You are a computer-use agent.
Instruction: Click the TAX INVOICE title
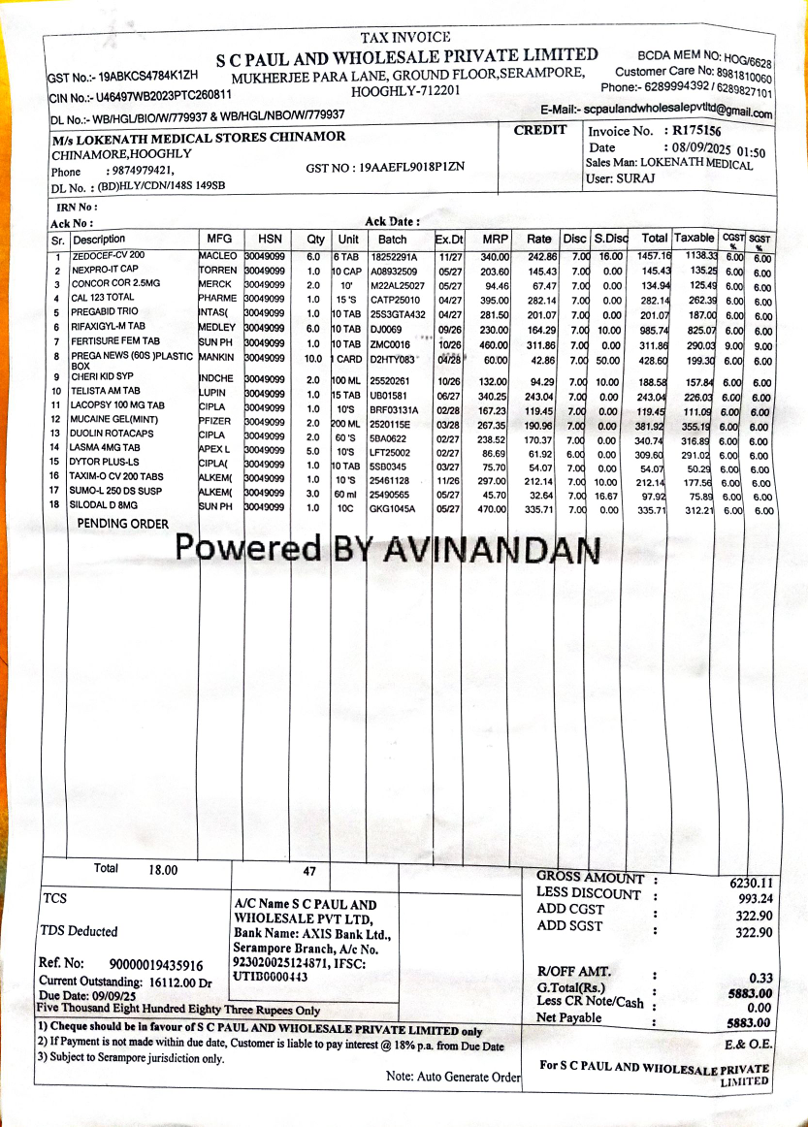(x=405, y=37)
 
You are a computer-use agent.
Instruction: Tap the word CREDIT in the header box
(x=540, y=130)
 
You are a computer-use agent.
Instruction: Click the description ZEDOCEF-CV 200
(x=109, y=255)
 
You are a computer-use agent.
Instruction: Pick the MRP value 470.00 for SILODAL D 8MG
(x=495, y=507)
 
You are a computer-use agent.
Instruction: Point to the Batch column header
(x=393, y=239)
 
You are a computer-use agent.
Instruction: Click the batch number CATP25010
(x=396, y=299)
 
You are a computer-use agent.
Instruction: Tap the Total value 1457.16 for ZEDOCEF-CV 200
(x=654, y=256)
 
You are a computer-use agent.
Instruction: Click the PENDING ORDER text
(x=123, y=524)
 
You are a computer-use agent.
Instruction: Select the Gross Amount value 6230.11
(x=751, y=883)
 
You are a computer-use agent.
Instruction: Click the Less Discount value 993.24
(x=754, y=899)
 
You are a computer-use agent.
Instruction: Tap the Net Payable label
(x=569, y=1017)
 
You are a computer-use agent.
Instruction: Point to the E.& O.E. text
(x=748, y=1045)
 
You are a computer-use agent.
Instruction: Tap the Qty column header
(x=316, y=239)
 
